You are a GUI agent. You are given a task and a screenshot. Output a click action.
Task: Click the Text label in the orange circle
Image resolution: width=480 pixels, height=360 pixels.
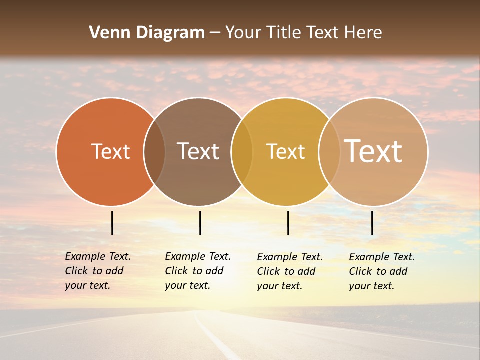110,151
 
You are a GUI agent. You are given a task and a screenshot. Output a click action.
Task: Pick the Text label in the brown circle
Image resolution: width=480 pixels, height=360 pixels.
198,151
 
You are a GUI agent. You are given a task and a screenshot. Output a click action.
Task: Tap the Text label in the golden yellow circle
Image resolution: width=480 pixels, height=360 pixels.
285,151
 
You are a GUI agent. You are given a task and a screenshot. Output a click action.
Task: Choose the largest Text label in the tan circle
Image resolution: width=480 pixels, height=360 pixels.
373,151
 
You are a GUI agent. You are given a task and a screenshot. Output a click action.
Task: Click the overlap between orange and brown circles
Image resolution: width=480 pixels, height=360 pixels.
154,152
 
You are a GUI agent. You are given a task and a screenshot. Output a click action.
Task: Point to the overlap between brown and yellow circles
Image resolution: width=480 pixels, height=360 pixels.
242,152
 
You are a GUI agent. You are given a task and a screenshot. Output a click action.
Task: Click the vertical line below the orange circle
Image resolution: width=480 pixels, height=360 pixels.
112,223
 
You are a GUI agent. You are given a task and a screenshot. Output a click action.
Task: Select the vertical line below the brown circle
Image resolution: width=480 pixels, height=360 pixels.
200,223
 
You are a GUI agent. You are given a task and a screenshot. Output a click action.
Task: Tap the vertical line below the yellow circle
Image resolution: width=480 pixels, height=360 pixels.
288,223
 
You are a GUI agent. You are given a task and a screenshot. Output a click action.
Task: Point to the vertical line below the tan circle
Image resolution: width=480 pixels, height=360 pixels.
372,223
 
